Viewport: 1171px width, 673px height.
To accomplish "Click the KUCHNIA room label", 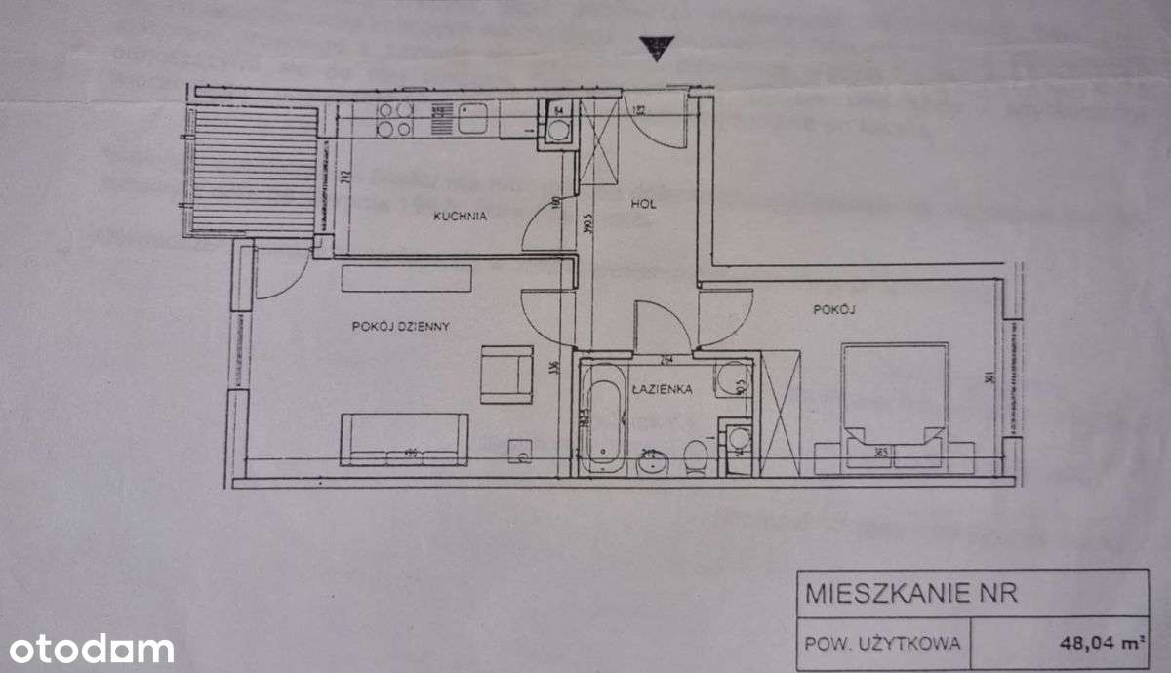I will click(460, 217).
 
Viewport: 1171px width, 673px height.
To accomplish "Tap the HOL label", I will click(642, 205).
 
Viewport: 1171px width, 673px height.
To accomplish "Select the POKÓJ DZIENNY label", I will click(400, 327).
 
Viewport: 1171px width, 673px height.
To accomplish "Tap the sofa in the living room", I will click(404, 438).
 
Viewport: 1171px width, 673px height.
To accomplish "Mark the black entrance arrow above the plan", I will click(655, 49).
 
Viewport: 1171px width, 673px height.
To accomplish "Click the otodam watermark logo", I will click(88, 649).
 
